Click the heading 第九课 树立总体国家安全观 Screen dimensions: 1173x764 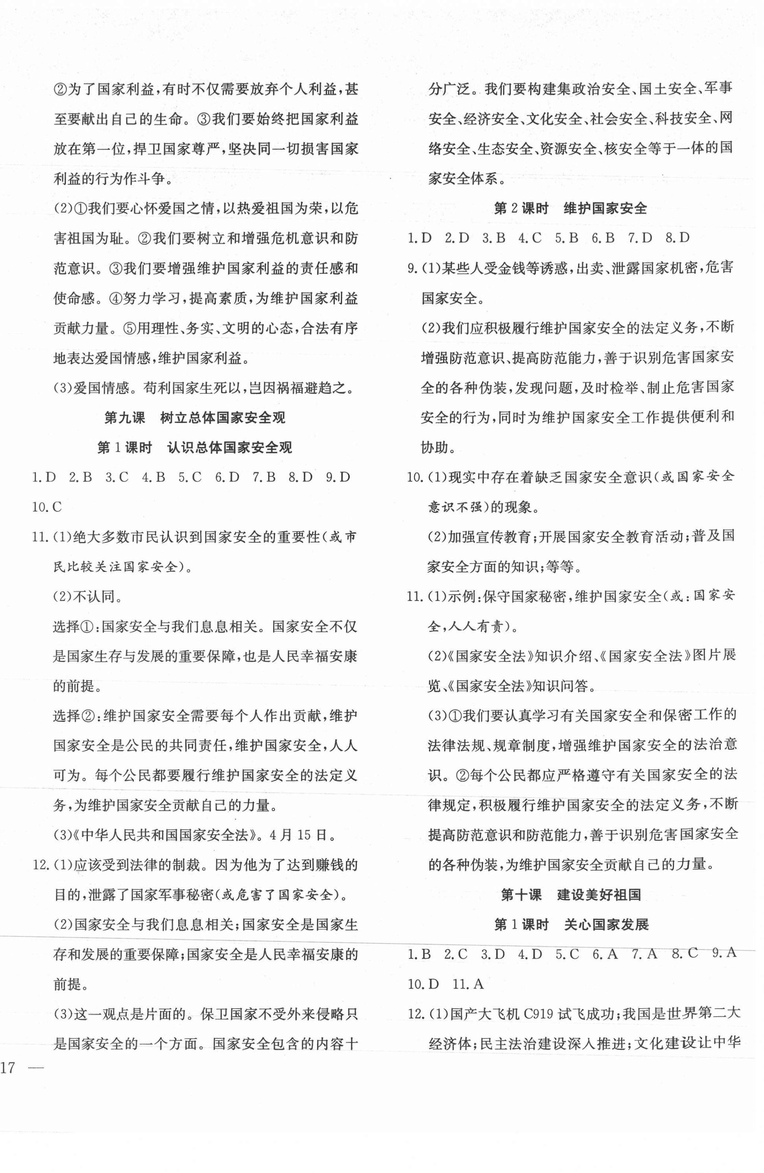(x=194, y=418)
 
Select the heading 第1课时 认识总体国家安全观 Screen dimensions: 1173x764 (x=194, y=448)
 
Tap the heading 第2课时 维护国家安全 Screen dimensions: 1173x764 (x=570, y=208)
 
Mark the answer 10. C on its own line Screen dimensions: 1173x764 (x=47, y=507)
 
